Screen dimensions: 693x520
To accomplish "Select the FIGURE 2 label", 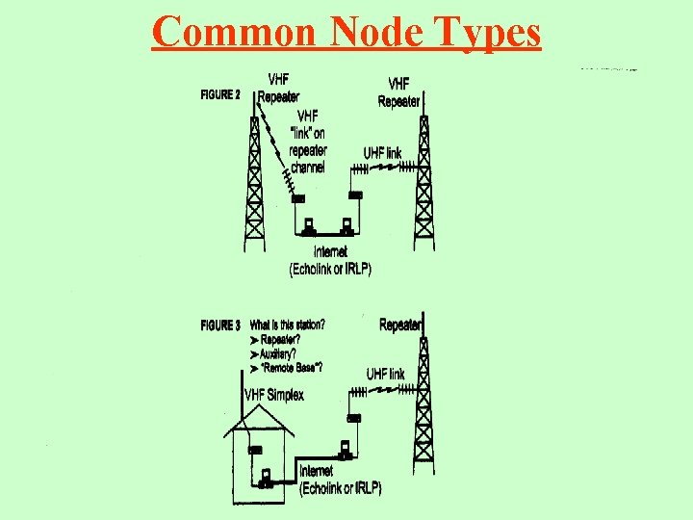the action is [x=219, y=94].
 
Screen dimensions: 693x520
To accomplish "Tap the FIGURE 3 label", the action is [x=219, y=325].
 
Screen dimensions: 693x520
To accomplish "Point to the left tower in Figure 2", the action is [x=254, y=183].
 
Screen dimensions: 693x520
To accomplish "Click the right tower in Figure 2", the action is [x=422, y=178].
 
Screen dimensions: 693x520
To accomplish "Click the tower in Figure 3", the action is [x=422, y=404].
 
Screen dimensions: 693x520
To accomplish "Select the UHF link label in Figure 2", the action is [x=383, y=153].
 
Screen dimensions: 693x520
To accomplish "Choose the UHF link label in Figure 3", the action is [x=385, y=374].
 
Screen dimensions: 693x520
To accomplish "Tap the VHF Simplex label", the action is [x=274, y=395].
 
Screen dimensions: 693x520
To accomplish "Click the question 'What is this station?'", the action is [x=287, y=325].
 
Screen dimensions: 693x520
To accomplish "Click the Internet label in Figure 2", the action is [x=330, y=252].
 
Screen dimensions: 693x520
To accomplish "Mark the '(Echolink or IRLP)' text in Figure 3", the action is [x=341, y=488].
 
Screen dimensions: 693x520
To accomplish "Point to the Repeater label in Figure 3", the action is [x=400, y=325].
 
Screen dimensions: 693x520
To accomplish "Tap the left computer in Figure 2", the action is [x=308, y=228].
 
